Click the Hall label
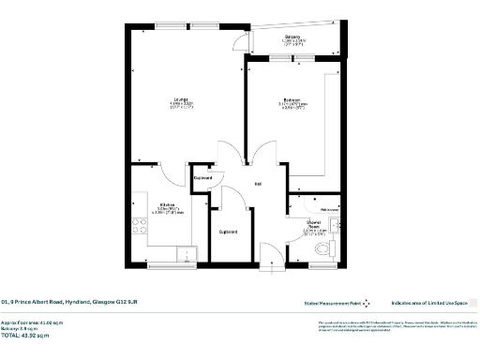click(x=258, y=184)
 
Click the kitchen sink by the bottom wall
click(x=186, y=250)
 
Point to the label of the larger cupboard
click(x=226, y=231)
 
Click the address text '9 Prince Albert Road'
click(x=69, y=302)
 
